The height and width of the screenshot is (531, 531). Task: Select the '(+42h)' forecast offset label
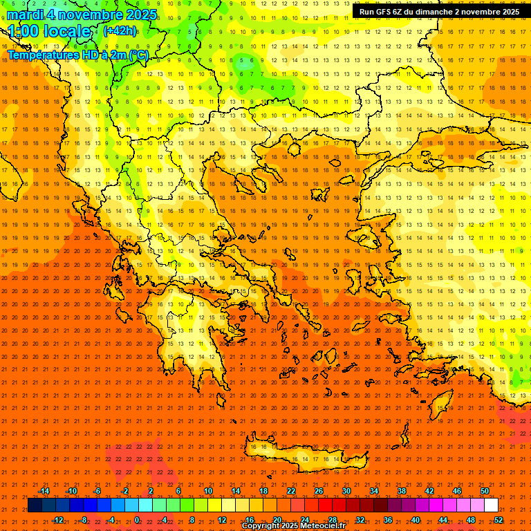point(119,31)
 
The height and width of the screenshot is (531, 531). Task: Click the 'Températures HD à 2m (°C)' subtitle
point(78,55)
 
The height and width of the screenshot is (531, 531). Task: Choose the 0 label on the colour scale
point(137,520)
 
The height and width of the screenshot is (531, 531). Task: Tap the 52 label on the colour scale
point(498,520)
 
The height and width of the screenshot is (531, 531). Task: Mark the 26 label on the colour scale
point(319,491)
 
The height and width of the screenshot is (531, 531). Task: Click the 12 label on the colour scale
point(222,520)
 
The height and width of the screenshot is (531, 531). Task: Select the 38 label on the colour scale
point(402,491)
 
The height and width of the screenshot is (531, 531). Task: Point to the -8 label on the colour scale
point(83,520)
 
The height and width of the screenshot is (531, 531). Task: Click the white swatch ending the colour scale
point(491,505)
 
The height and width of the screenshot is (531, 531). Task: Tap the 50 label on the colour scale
point(485,491)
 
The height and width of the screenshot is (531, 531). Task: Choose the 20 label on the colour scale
point(277,520)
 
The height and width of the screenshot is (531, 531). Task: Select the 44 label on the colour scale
point(443,520)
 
